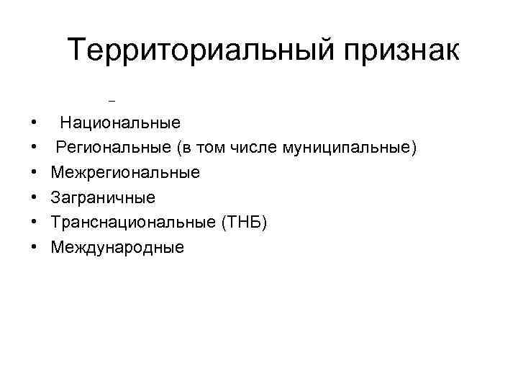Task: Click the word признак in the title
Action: point(399,52)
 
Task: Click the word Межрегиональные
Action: point(125,173)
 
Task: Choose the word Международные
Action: point(117,248)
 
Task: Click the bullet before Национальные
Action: point(34,123)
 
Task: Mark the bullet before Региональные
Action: point(34,148)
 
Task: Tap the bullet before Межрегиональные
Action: point(34,174)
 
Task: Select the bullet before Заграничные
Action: point(34,198)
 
